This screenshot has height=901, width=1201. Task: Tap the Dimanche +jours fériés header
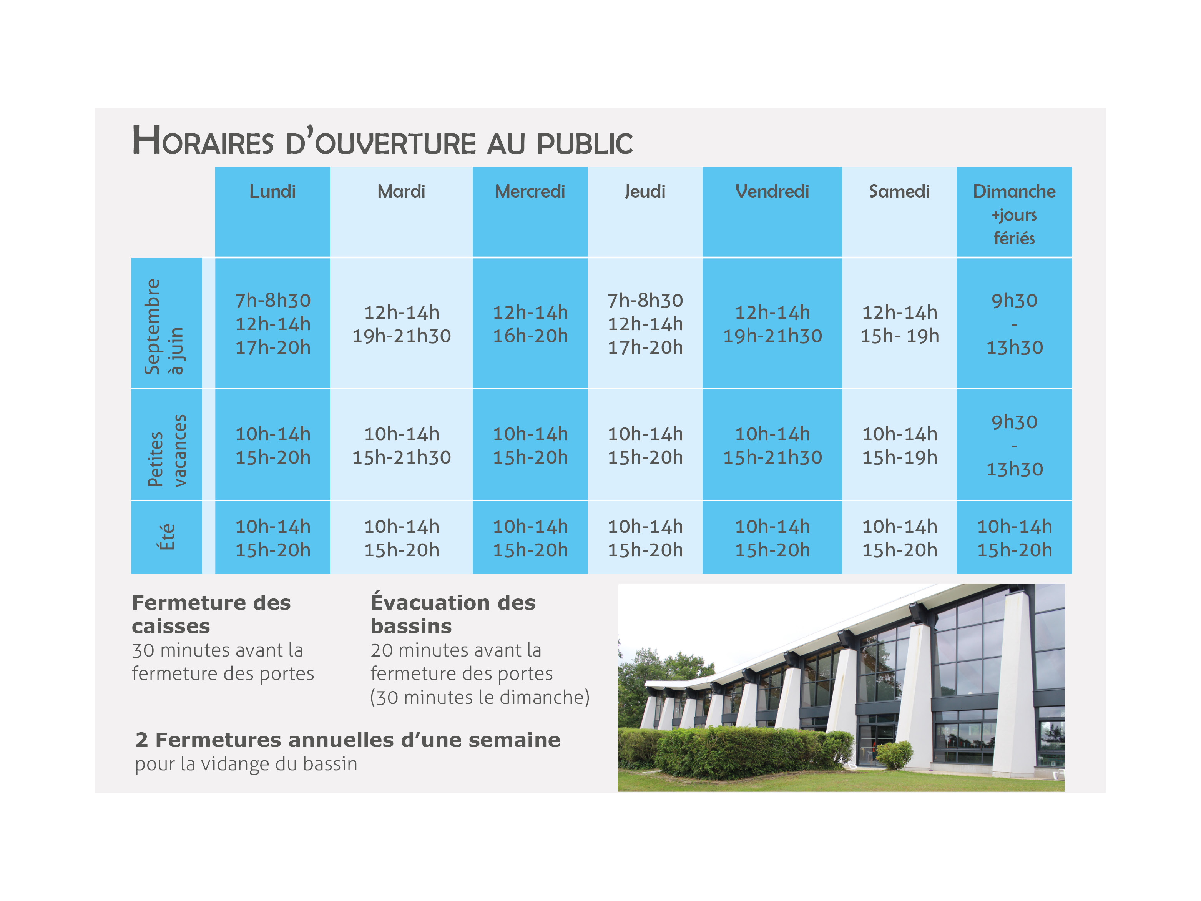tap(1014, 214)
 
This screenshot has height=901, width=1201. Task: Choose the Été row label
tap(167, 537)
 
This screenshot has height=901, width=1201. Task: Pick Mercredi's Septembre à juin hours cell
tap(530, 324)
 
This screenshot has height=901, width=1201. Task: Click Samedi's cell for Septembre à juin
tap(899, 324)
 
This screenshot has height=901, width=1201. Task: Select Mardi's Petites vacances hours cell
tap(401, 446)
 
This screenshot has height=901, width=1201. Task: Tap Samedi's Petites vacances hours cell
tap(899, 446)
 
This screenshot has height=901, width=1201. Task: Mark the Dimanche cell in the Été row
tap(1014, 538)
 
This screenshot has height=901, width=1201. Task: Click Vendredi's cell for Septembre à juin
tap(772, 324)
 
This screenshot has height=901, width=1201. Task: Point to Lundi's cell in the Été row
tap(272, 538)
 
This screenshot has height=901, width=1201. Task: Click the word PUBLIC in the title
tap(585, 143)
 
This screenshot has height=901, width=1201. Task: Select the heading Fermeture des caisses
tap(211, 614)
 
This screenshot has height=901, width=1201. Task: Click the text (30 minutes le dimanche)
tap(480, 697)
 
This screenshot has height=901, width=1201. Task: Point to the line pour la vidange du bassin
tap(246, 764)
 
